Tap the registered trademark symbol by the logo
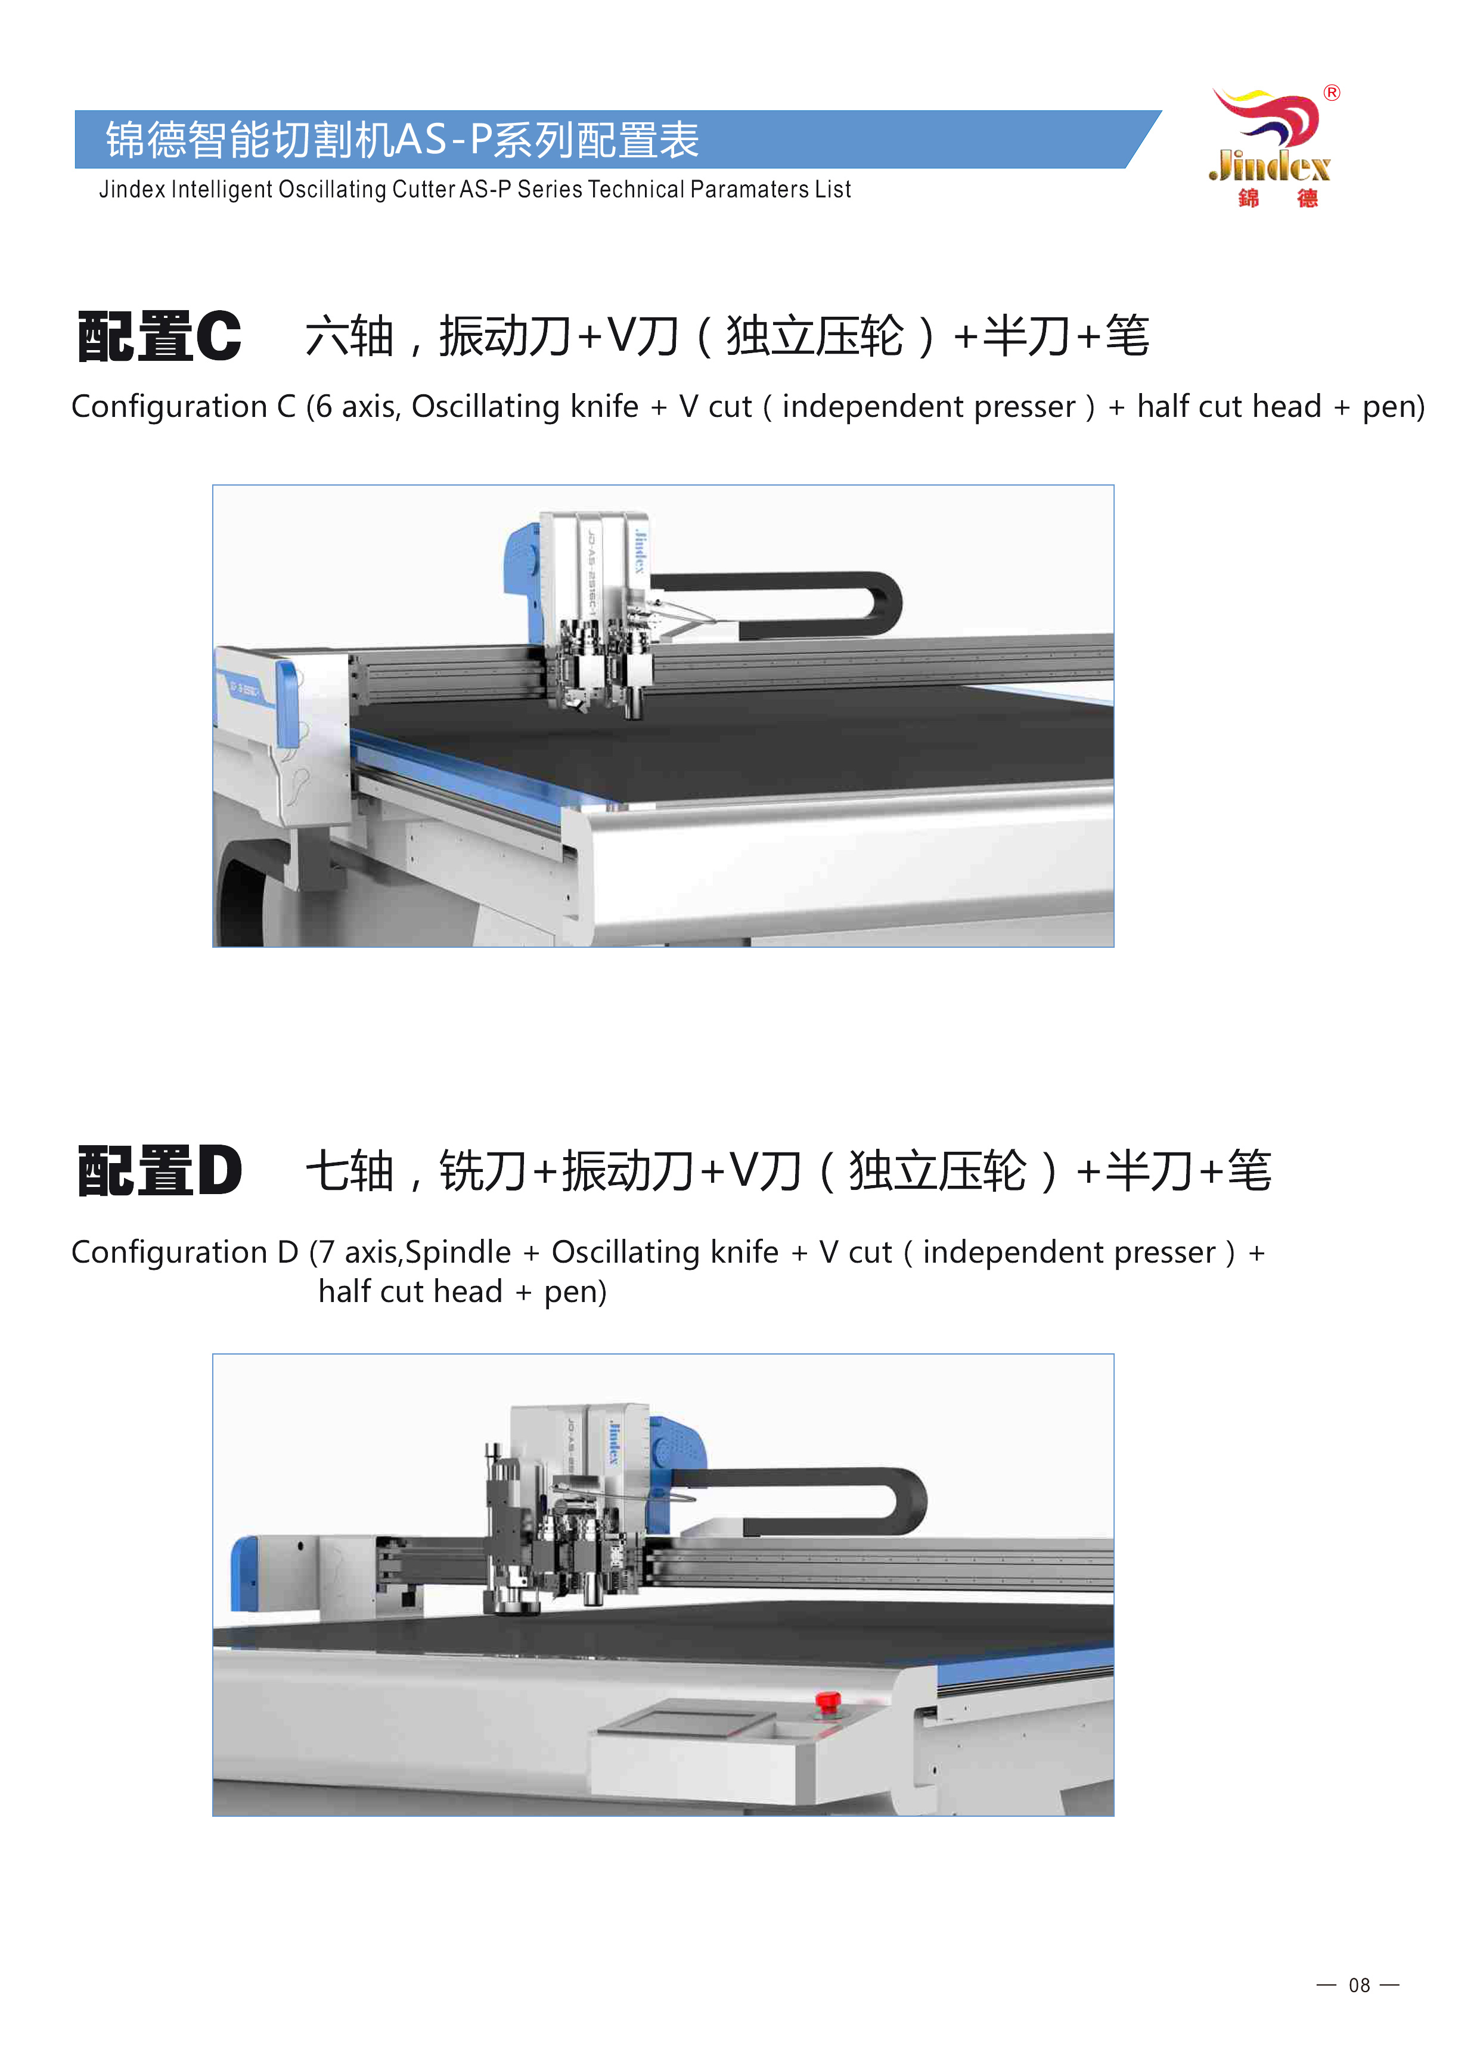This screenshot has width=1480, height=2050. pyautogui.click(x=1332, y=93)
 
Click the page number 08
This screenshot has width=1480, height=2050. pyautogui.click(x=1359, y=1985)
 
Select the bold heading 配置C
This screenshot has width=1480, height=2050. pyautogui.click(x=160, y=336)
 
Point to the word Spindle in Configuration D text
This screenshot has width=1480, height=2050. pyautogui.click(x=458, y=1252)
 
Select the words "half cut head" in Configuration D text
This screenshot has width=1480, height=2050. pyautogui.click(x=410, y=1292)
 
